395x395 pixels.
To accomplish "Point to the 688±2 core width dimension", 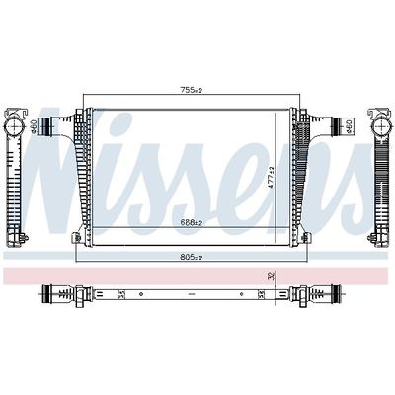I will (x=191, y=223).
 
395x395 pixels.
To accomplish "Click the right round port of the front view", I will (x=347, y=125).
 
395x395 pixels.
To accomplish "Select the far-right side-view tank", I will (x=379, y=178).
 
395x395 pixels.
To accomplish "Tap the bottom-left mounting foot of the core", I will (x=76, y=238).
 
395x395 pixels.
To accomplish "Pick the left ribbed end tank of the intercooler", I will (x=69, y=173).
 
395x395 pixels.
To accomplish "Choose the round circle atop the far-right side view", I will (x=379, y=127).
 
